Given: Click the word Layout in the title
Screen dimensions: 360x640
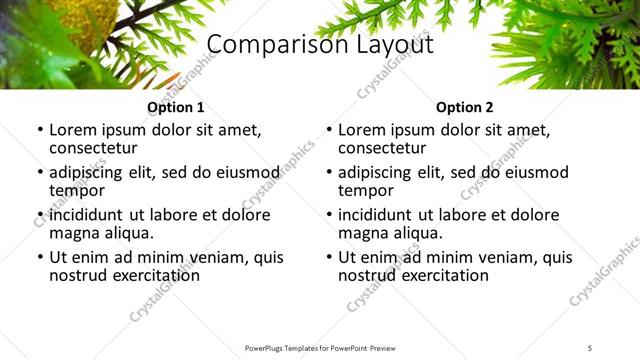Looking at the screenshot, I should (390, 45).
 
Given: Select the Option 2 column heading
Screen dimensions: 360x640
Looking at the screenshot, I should (464, 107).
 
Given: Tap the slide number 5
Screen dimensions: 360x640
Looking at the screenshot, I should (590, 347).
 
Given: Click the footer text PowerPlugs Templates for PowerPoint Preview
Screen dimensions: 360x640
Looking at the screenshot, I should (320, 347).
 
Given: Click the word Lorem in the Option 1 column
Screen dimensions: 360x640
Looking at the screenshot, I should (72, 130).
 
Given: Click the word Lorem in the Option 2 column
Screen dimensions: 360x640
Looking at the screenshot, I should (361, 130).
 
